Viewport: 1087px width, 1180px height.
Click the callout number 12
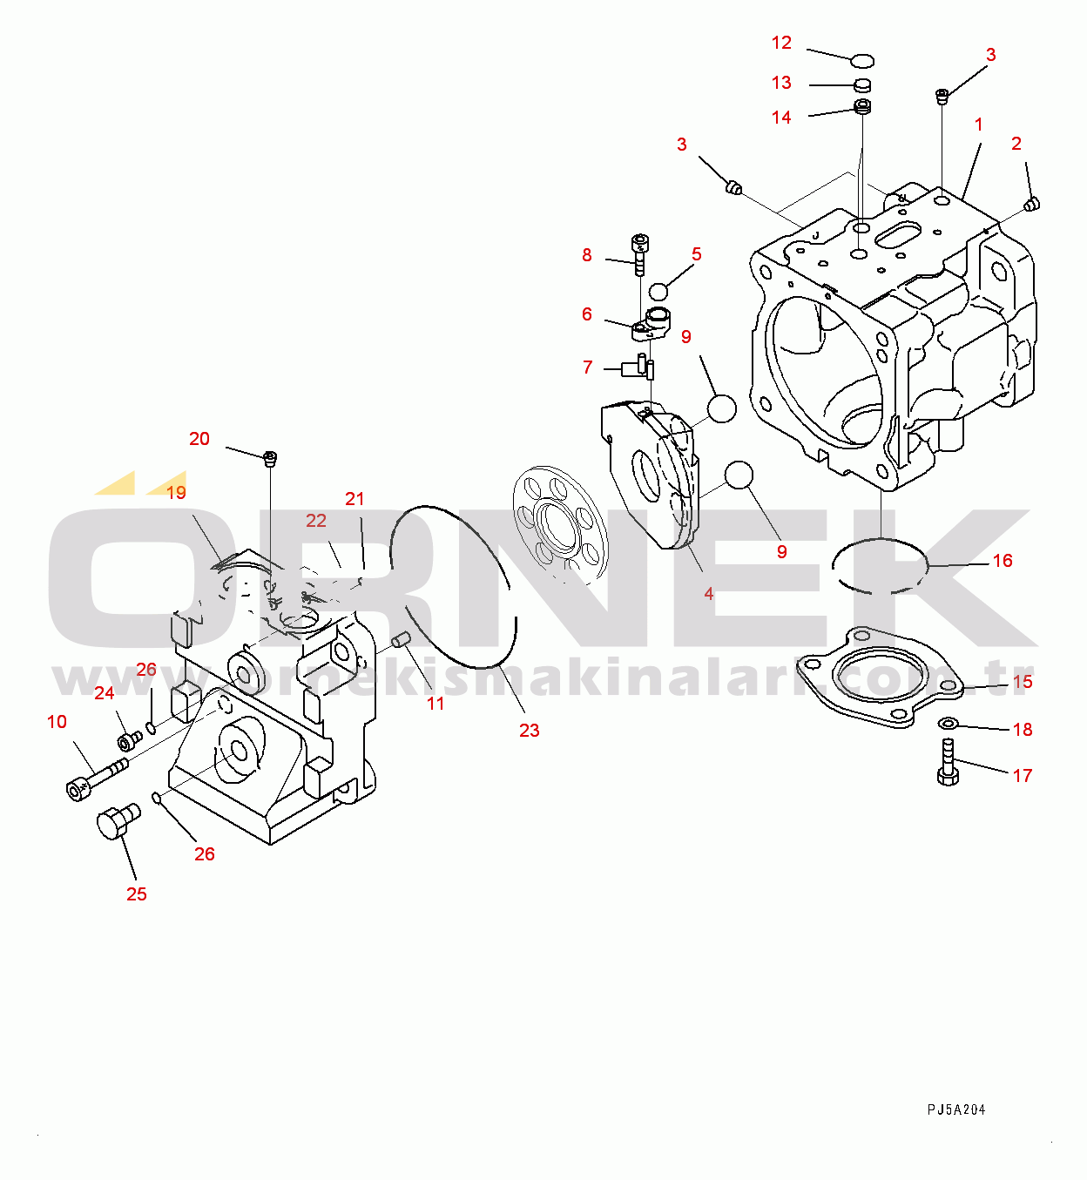[781, 43]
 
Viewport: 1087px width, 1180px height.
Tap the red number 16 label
[1003, 561]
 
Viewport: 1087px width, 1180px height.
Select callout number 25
[137, 894]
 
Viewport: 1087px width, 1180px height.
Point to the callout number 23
[530, 731]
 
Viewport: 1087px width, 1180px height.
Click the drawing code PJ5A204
[955, 1109]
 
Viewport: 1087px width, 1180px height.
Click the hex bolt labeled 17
[948, 762]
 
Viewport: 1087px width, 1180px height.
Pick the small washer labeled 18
[948, 723]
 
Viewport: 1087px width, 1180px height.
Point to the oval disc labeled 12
[861, 60]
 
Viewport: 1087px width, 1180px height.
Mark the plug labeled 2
[1033, 205]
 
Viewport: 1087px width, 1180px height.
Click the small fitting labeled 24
[130, 741]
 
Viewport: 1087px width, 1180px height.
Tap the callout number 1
[978, 125]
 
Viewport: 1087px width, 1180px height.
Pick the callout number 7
[587, 367]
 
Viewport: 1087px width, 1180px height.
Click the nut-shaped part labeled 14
[863, 107]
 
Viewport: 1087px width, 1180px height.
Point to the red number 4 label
[709, 594]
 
